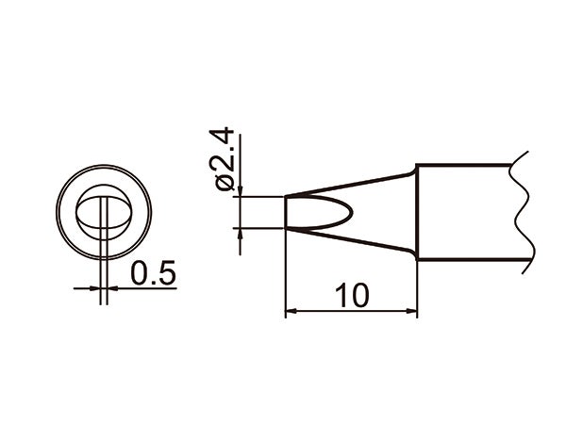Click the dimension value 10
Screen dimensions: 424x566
[351, 295]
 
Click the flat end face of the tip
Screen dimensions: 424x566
[285, 211]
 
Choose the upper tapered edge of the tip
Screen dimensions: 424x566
[349, 184]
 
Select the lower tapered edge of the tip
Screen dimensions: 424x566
[349, 239]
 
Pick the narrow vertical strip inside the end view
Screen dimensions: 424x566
[104, 212]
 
